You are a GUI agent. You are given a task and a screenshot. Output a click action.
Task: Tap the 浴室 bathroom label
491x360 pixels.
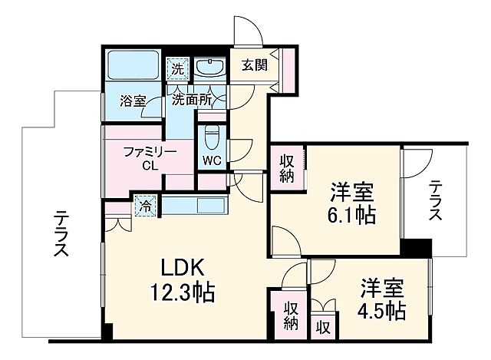(133, 101)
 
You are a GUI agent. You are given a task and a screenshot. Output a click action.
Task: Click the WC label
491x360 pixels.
(212, 160)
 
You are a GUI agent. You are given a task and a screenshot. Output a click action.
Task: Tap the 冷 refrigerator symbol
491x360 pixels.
(143, 206)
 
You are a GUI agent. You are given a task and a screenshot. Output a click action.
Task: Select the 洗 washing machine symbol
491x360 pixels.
(177, 69)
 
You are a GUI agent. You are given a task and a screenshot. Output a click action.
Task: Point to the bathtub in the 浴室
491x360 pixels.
(131, 66)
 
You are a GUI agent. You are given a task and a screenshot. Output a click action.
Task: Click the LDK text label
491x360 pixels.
(181, 269)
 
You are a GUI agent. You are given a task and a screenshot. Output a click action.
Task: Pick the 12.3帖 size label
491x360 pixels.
(183, 292)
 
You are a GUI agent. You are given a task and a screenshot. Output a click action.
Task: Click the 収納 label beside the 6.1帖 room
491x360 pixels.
(286, 168)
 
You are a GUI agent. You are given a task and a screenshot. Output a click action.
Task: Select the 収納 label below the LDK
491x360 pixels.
(291, 315)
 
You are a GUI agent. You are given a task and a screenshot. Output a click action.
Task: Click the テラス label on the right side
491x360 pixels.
(435, 201)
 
